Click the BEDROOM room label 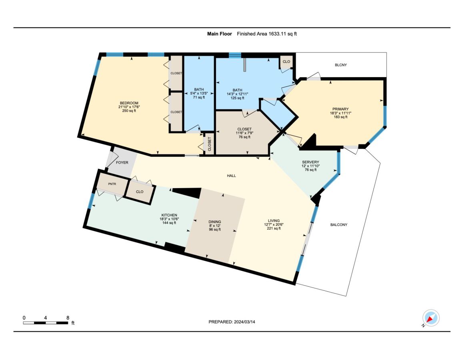pos(129,103)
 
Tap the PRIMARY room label pos(340,109)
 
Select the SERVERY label pos(310,162)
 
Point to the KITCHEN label pos(169,215)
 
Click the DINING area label pos(214,222)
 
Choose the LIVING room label pos(274,221)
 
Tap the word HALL pos(231,176)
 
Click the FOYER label pos(122,163)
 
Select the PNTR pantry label pos(112,184)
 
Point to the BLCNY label pos(340,65)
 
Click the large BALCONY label pos(339,225)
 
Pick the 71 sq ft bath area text pos(199,97)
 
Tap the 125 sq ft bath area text pos(237,98)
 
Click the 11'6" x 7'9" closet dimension pos(244,133)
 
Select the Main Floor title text pos(219,34)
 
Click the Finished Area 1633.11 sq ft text pos(266,34)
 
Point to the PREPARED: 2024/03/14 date pos(232,322)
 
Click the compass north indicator pos(431,318)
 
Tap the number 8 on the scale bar pos(68,318)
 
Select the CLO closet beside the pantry pos(140,192)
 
